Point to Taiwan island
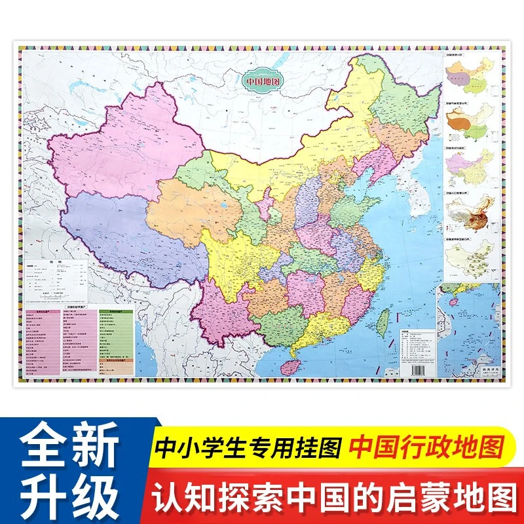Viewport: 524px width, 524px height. (385, 321)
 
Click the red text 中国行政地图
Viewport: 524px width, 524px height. (426, 448)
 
